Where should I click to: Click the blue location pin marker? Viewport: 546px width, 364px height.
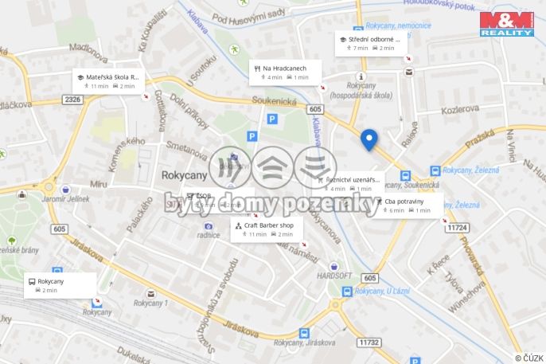coord(369,139)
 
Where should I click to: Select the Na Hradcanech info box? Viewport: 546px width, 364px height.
coord(284,72)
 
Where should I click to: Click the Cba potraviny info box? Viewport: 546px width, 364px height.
coord(409,205)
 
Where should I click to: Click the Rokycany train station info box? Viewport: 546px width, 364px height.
coord(60,284)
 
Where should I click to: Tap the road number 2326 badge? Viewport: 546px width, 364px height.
coord(73,99)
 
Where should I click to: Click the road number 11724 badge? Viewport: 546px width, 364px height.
coord(456,227)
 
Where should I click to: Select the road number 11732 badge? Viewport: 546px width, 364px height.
coord(369,342)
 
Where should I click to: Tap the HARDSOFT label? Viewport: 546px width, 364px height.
coord(334,275)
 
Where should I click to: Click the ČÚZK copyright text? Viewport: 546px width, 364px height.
coord(528,358)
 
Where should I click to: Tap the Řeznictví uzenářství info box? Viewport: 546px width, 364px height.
coord(349,184)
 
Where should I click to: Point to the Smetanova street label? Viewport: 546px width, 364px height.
coord(187,151)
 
